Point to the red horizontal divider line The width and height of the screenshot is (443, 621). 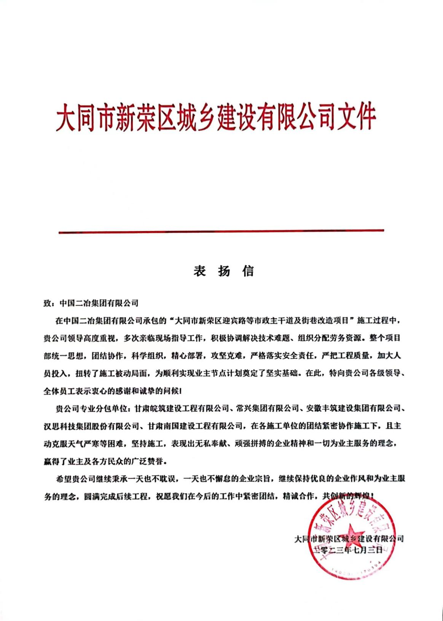221,231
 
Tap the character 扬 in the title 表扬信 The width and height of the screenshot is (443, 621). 223,271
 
